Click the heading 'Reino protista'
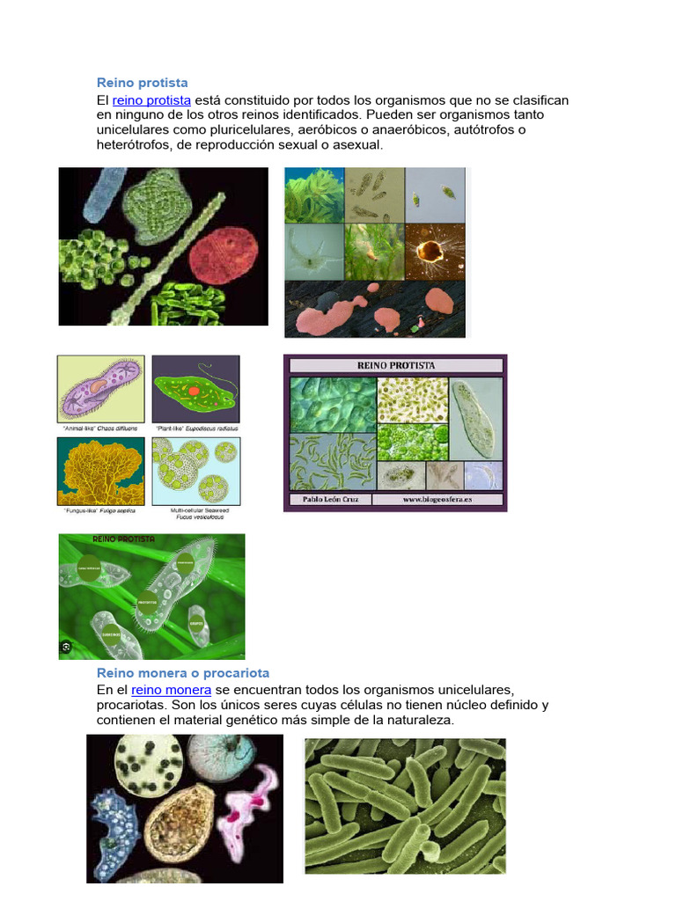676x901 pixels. (x=142, y=83)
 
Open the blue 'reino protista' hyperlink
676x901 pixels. (x=151, y=100)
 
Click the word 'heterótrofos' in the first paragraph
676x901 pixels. (x=135, y=145)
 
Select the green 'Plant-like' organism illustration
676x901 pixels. (x=195, y=388)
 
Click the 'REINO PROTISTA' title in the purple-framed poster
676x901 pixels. (x=395, y=365)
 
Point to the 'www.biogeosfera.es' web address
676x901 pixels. (x=438, y=500)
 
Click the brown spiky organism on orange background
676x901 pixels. (x=431, y=251)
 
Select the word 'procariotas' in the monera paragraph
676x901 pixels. (x=132, y=705)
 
